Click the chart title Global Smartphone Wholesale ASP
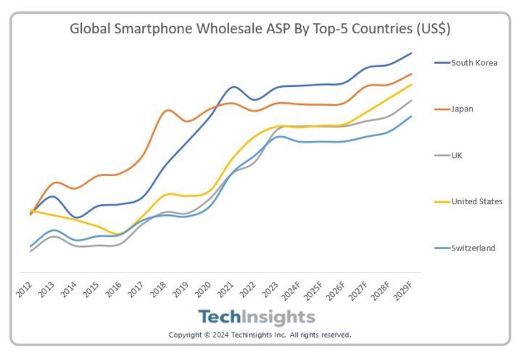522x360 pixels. click(x=260, y=29)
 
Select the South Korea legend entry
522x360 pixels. click(x=474, y=63)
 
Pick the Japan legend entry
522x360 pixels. click(x=463, y=109)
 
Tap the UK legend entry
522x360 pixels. click(x=457, y=155)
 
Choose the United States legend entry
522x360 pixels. click(x=476, y=201)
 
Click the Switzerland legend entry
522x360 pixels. click(x=473, y=248)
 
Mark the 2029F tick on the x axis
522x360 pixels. click(x=407, y=289)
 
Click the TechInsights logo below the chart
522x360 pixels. click(x=257, y=317)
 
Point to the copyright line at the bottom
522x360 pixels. click(x=260, y=335)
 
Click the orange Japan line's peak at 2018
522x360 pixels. click(x=167, y=110)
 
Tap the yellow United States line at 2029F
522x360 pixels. click(x=412, y=85)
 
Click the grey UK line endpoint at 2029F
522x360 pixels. click(x=412, y=101)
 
